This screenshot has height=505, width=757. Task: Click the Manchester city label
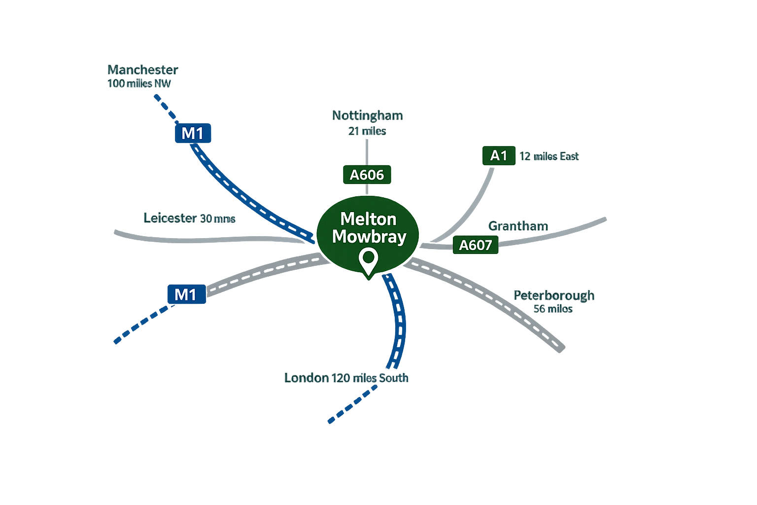coord(142,70)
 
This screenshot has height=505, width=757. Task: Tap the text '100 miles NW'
coord(139,83)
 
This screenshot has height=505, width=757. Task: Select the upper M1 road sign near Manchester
coord(193,133)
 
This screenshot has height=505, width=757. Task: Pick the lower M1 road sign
coord(186,294)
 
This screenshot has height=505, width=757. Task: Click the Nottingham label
coord(367,115)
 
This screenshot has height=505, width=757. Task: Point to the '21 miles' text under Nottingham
coord(367,131)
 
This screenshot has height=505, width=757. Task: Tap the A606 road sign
coord(367,175)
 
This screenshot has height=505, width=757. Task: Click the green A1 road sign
coord(499,156)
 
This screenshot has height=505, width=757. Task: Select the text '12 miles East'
coord(549,156)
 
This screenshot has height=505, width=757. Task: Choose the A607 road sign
coord(476,245)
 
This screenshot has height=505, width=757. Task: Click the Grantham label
coord(518,226)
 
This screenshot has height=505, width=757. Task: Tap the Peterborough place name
coord(554,295)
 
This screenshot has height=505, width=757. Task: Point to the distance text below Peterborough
coord(553,309)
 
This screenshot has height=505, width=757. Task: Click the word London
coord(307,378)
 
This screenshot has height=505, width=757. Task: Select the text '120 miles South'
coord(370,378)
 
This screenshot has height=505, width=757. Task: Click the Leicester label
coord(170,218)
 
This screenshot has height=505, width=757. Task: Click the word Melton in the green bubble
coord(368,218)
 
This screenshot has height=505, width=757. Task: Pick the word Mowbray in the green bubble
coord(369,236)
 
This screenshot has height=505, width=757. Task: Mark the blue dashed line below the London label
coord(352,404)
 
